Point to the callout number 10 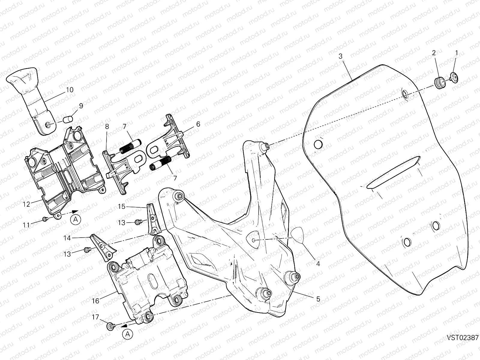pos(69,90)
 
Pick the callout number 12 pos(26,204)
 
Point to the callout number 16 pos(95,301)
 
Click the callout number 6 pos(198,124)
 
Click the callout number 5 pos(318,299)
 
